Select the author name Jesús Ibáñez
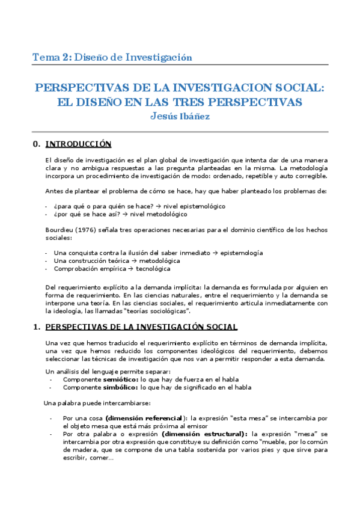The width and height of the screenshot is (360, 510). click(180, 116)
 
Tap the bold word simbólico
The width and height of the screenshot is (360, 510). click(118, 387)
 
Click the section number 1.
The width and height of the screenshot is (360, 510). click(37, 327)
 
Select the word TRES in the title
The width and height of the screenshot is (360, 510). click(211, 102)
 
